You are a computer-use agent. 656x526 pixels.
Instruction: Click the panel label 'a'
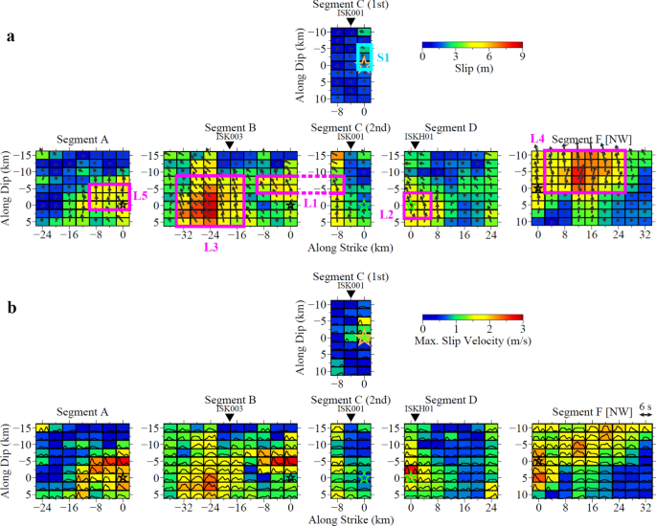(11, 37)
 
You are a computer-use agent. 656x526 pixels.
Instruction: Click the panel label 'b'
(11, 310)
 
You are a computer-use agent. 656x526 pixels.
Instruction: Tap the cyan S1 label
(383, 58)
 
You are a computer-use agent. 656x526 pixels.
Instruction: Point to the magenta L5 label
(140, 196)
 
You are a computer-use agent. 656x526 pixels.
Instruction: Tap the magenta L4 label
(537, 142)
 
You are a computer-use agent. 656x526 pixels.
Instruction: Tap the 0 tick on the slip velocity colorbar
(422, 329)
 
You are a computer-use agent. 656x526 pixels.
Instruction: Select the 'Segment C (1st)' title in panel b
(351, 277)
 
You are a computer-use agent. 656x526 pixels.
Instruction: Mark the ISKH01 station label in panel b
(418, 407)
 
